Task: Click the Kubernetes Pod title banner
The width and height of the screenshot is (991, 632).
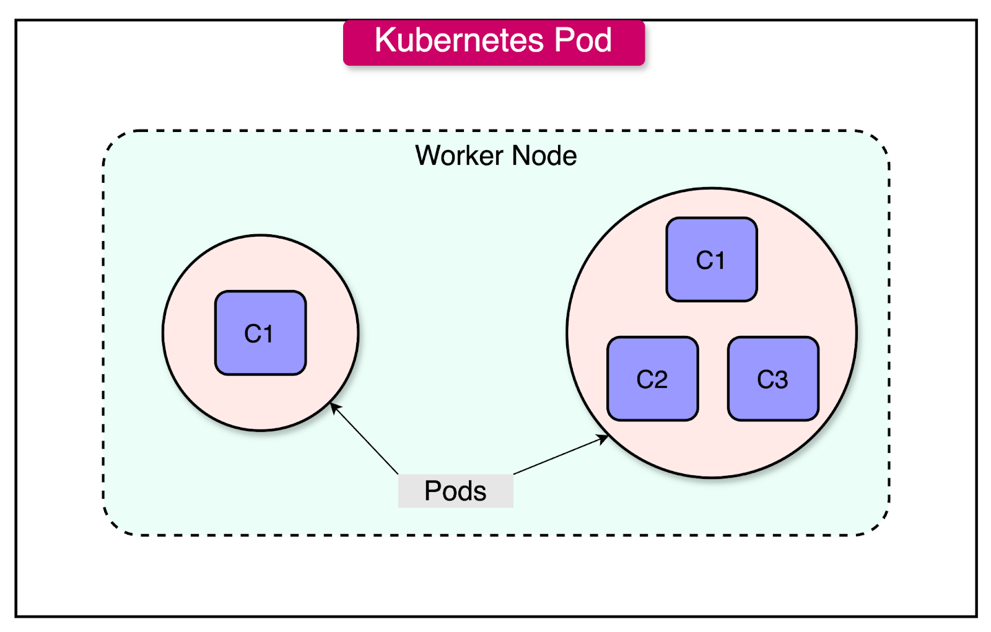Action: point(494,42)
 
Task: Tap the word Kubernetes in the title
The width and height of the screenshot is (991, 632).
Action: point(459,41)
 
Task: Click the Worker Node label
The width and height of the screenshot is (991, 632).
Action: point(495,156)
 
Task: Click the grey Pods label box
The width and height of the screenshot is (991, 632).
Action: point(455,491)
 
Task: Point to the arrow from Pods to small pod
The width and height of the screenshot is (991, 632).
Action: point(365,439)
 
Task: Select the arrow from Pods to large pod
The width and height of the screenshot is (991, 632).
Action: point(561,455)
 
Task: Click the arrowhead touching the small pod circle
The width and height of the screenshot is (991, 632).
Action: point(334,406)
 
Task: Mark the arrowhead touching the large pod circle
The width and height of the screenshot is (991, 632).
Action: point(603,438)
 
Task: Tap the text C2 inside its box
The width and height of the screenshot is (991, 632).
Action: point(652,379)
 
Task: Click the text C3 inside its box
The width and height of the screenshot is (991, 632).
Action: point(772,379)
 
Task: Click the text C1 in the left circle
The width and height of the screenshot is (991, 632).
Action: point(259,334)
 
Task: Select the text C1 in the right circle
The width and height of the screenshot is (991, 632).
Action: point(710,260)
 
